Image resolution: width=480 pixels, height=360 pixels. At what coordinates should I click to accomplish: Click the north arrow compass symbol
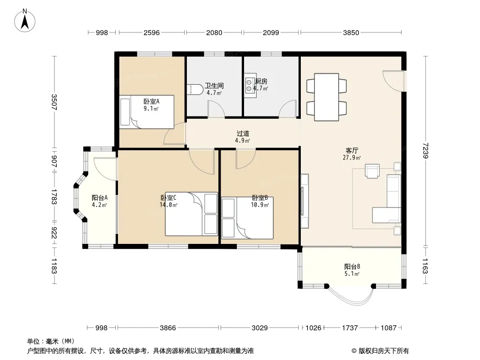tap(25, 21)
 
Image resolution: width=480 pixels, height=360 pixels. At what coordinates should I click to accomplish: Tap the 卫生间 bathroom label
tap(214, 85)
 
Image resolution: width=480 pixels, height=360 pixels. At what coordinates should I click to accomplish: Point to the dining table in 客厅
tap(326, 97)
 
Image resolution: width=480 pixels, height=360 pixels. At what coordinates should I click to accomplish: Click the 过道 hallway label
tap(243, 133)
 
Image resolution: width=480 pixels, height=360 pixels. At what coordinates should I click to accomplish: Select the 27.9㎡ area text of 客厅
tap(352, 158)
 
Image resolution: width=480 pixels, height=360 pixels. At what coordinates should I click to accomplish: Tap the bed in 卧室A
tap(147, 112)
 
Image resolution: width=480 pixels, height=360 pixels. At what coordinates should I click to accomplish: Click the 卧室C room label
tap(168, 198)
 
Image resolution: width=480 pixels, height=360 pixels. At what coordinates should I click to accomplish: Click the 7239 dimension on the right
tap(425, 150)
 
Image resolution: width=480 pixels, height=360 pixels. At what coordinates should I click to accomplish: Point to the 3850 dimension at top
tap(351, 32)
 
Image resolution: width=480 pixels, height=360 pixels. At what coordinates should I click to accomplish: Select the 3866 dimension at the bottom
tap(168, 328)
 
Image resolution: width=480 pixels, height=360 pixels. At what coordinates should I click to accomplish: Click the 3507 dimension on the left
tap(54, 102)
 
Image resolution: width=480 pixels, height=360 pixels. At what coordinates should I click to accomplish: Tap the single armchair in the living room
tap(372, 171)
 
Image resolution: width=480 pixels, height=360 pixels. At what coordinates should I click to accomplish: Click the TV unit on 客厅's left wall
tap(304, 201)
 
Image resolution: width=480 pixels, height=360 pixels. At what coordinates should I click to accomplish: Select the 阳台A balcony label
tap(100, 198)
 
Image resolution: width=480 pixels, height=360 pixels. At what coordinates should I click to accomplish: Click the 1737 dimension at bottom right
tap(349, 328)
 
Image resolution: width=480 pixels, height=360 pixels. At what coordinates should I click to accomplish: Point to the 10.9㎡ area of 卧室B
tap(260, 205)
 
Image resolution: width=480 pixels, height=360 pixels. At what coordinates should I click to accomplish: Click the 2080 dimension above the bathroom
tap(214, 32)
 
